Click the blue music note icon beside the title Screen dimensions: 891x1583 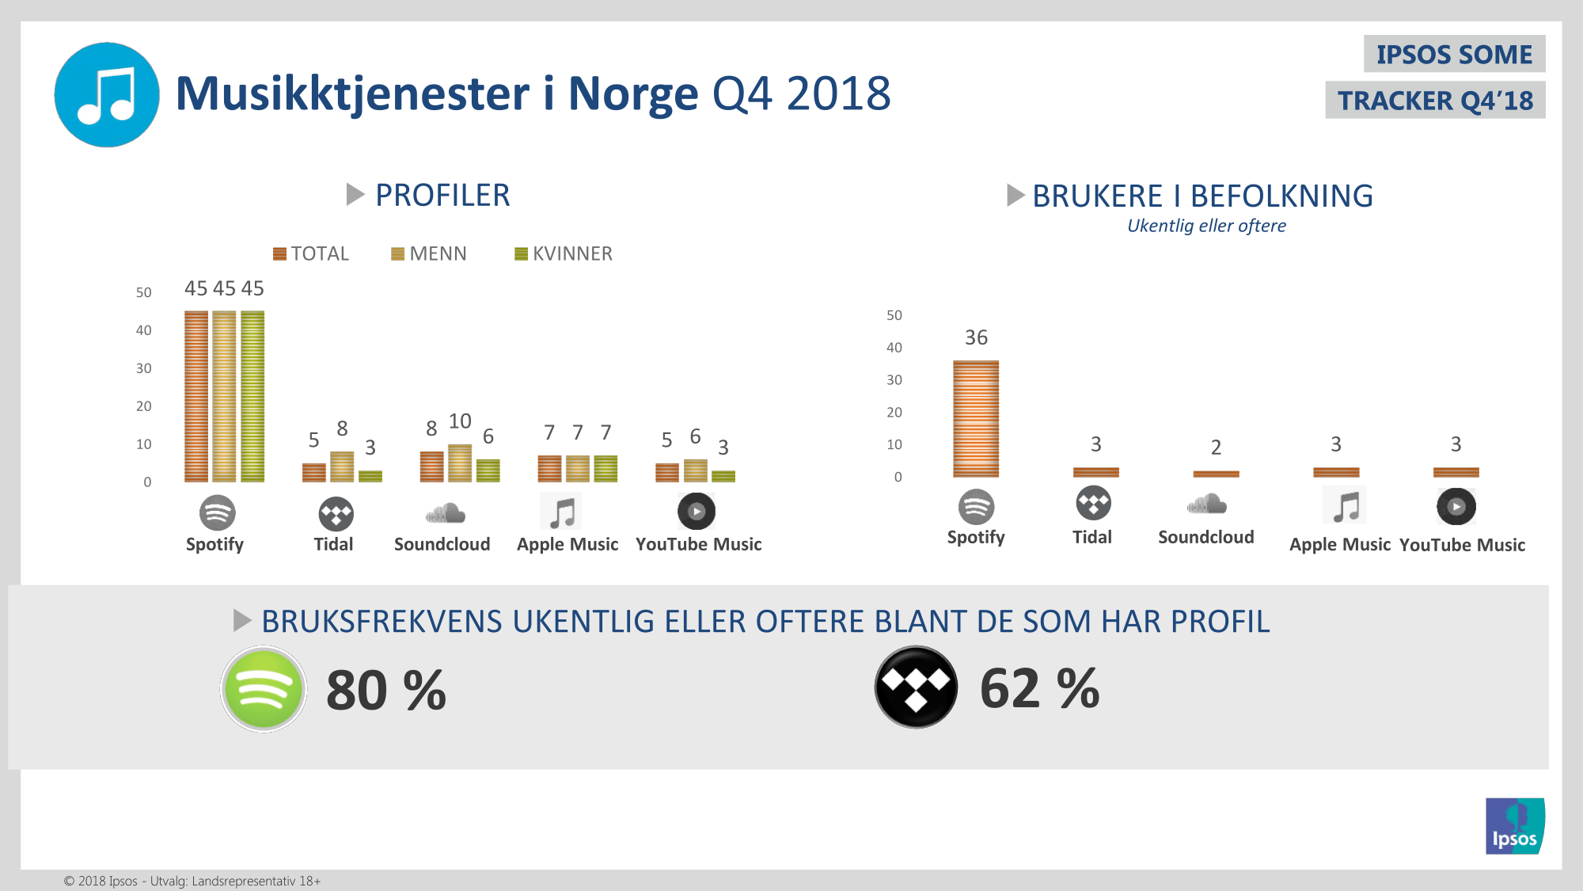tap(107, 95)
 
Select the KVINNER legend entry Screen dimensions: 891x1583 tap(564, 254)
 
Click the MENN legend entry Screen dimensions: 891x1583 tap(429, 254)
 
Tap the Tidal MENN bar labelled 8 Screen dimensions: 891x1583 tap(342, 466)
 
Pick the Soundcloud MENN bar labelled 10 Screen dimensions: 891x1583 tap(460, 463)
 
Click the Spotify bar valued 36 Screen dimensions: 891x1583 tap(976, 419)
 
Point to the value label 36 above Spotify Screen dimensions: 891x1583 tap(976, 338)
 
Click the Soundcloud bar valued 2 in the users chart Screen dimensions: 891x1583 tap(1216, 474)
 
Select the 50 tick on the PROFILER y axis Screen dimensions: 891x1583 tap(143, 292)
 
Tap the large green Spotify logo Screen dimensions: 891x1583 tap(264, 689)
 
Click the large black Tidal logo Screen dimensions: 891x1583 tap(916, 687)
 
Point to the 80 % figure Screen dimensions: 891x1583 tap(386, 691)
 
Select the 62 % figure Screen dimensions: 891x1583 tap(1039, 689)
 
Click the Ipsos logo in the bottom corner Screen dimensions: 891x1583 tap(1514, 826)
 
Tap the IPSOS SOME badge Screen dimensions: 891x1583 tap(1454, 54)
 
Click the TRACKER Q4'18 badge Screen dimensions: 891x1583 tap(1435, 101)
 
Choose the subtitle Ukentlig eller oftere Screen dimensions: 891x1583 tap(1206, 226)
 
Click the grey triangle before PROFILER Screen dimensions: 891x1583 tap(355, 194)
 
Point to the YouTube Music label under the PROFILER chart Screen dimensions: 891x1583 tap(698, 544)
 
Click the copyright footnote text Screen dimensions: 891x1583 tap(192, 881)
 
